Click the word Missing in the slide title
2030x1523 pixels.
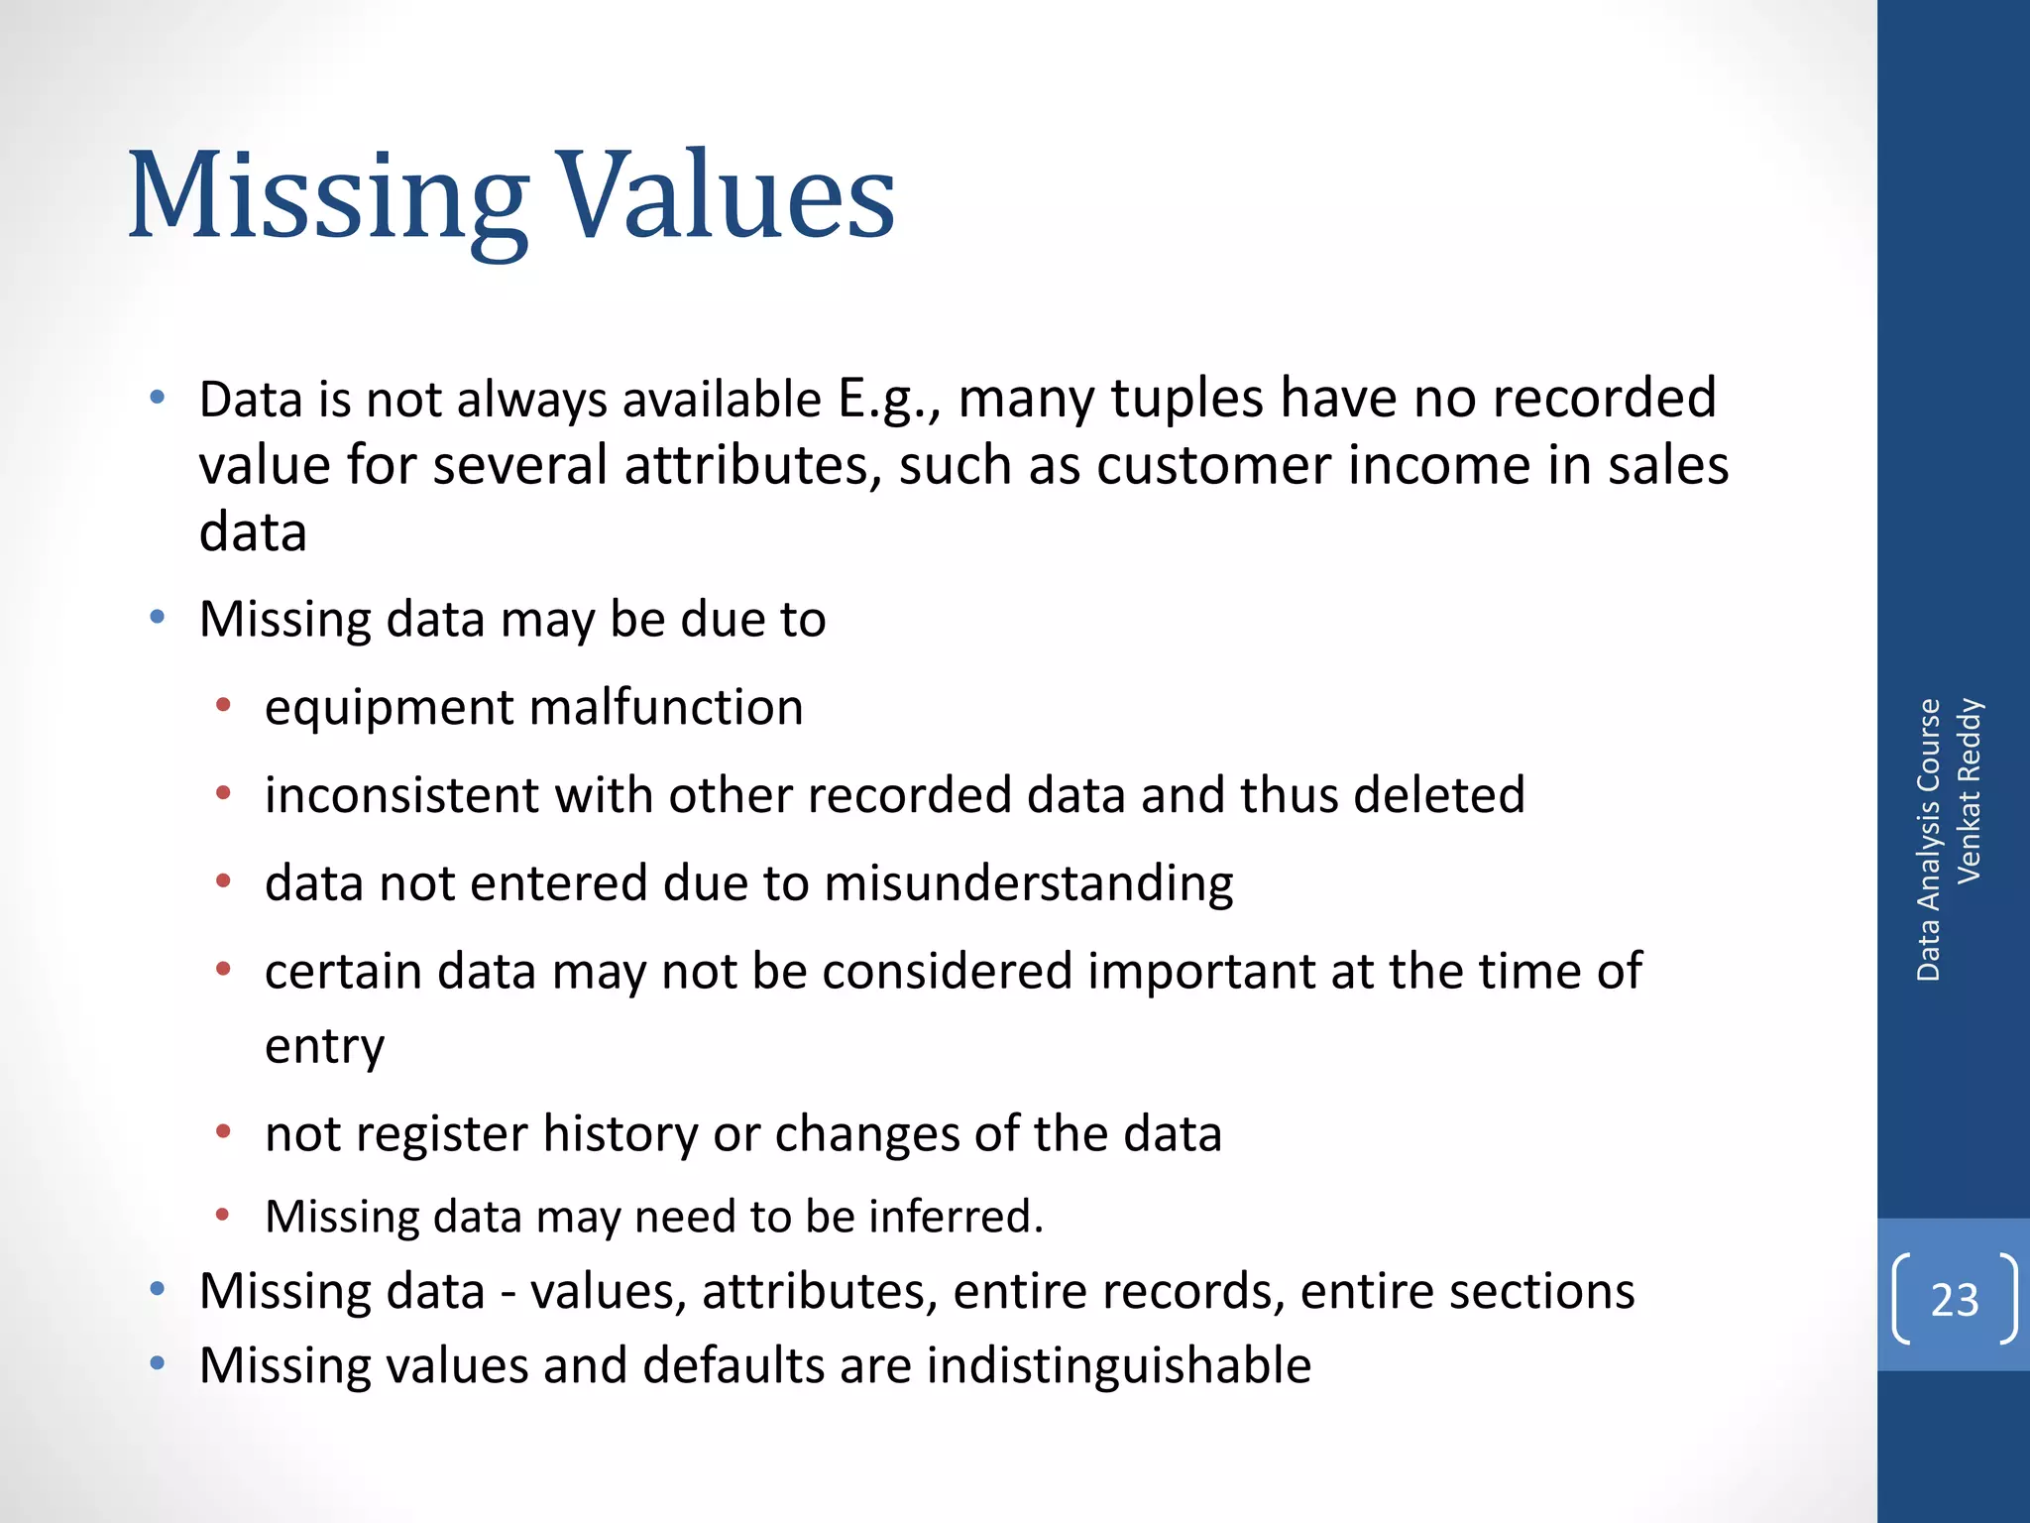pyautogui.click(x=327, y=198)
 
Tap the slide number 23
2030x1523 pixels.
pyautogui.click(x=1954, y=1300)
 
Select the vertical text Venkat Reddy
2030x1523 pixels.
pyautogui.click(x=1968, y=791)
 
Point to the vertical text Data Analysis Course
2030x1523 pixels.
pyautogui.click(x=1928, y=840)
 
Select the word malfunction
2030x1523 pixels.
pyautogui.click(x=666, y=708)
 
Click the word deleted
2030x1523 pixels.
pyautogui.click(x=1439, y=795)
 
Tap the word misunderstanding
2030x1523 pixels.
pyautogui.click(x=1029, y=883)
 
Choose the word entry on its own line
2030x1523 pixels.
pyautogui.click(x=324, y=1047)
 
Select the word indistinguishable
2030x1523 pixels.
pyautogui.click(x=1119, y=1365)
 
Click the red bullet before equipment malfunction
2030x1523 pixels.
pyautogui.click(x=223, y=706)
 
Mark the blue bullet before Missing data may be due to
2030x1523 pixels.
pyautogui.click(x=157, y=618)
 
